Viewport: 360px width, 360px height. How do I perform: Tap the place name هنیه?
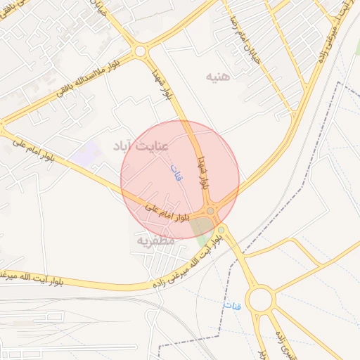pyautogui.click(x=217, y=75)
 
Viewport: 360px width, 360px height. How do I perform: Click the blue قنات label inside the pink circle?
pyautogui.click(x=176, y=172)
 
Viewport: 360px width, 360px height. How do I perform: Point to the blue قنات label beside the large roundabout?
pyautogui.click(x=231, y=307)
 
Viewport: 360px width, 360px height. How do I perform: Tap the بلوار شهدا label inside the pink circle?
pyautogui.click(x=203, y=172)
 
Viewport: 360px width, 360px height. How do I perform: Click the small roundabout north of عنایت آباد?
pyautogui.click(x=140, y=51)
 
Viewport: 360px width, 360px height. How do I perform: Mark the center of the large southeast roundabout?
pyautogui.click(x=260, y=300)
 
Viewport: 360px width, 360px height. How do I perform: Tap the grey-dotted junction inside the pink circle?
pyautogui.click(x=210, y=211)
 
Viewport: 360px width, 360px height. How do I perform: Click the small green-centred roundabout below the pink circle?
pyautogui.click(x=221, y=229)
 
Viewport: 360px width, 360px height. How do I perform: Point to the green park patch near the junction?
pyautogui.click(x=203, y=228)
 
